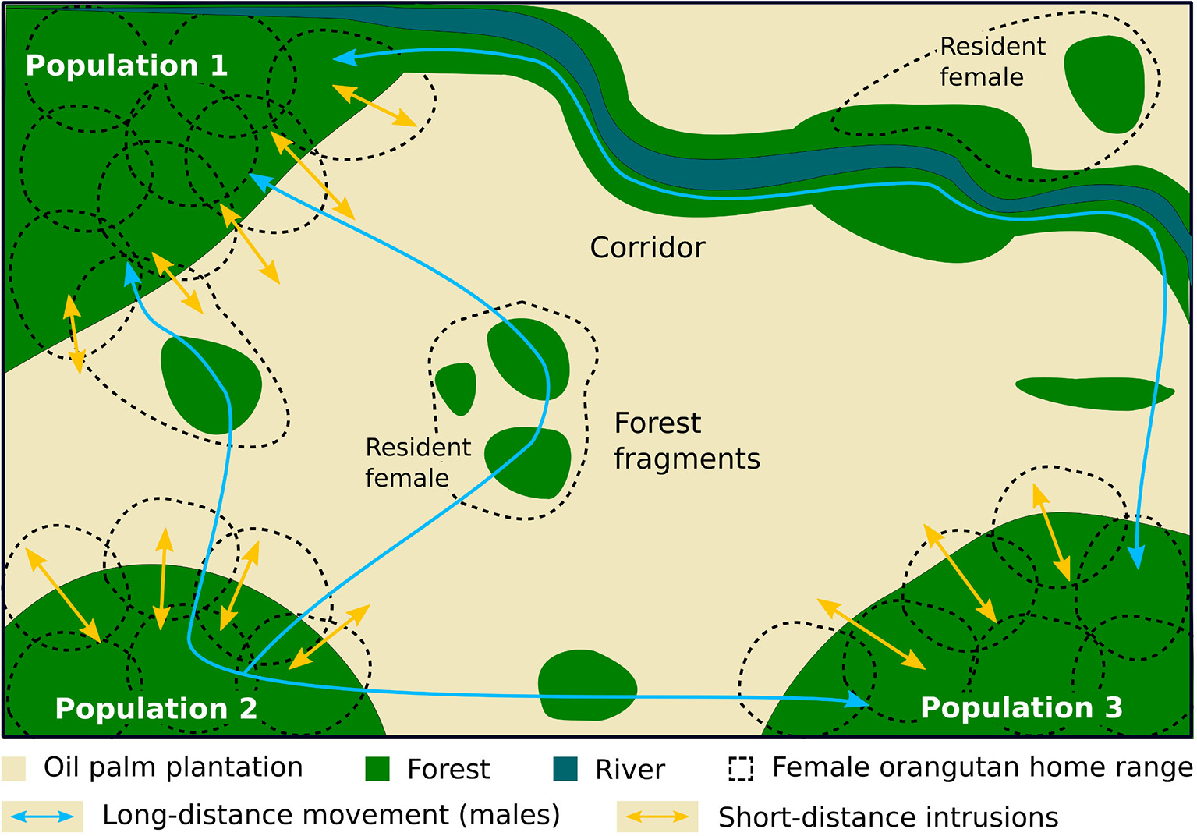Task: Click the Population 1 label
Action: [x=126, y=66]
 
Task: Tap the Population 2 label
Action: [x=156, y=708]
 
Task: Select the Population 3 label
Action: [x=1021, y=707]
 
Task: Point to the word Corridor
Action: [x=647, y=247]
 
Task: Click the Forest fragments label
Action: [x=686, y=441]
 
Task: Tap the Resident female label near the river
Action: [x=991, y=62]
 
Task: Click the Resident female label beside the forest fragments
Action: [x=417, y=462]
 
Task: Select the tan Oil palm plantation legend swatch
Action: [x=14, y=768]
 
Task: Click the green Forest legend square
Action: [x=377, y=769]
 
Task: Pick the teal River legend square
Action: [x=565, y=769]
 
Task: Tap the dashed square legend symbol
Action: [x=741, y=769]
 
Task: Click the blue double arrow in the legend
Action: [x=42, y=817]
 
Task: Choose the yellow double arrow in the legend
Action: [x=657, y=817]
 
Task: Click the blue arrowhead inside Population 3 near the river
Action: [x=1138, y=557]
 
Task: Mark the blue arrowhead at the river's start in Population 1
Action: [x=344, y=57]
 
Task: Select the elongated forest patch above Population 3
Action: [x=1093, y=392]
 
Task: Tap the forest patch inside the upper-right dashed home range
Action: [x=1103, y=83]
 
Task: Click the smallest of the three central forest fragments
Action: [x=456, y=388]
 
